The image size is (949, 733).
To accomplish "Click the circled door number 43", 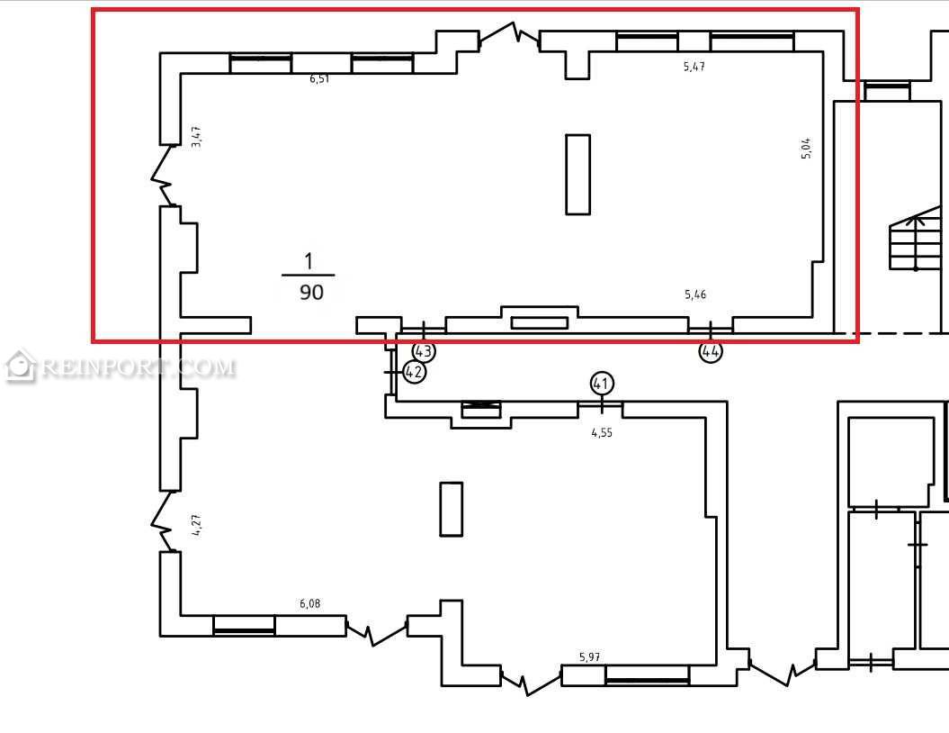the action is coord(424,351).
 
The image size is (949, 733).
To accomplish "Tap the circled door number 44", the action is coord(711,351).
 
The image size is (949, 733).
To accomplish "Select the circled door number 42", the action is coord(414,371).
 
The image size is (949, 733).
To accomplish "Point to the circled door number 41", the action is coord(601,384).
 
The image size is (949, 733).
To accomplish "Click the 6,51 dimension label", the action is coord(319,78).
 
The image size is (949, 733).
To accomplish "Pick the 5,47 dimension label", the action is coord(694,67).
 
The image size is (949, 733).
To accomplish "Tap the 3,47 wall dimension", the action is coord(196,137).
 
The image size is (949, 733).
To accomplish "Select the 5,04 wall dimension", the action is coord(806,149).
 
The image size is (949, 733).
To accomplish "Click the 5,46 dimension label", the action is coord(695,295).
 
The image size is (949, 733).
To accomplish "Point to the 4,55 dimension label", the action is coord(602,432).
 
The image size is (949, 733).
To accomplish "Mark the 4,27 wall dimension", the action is coord(196,525).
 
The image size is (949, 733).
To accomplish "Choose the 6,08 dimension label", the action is coord(309,603).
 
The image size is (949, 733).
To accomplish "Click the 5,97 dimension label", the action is coord(590,656).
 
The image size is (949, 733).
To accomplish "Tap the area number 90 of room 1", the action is coord(312,293).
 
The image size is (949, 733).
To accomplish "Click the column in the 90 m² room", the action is coord(578,175).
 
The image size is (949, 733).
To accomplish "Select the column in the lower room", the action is coord(452,510).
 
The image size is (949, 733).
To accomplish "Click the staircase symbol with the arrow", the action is coord(916,240).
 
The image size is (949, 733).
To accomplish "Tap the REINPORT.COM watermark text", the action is coord(139,367).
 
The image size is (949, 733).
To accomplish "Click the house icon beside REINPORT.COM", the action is coord(20,366).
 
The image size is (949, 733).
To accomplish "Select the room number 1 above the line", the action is coord(309,261).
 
